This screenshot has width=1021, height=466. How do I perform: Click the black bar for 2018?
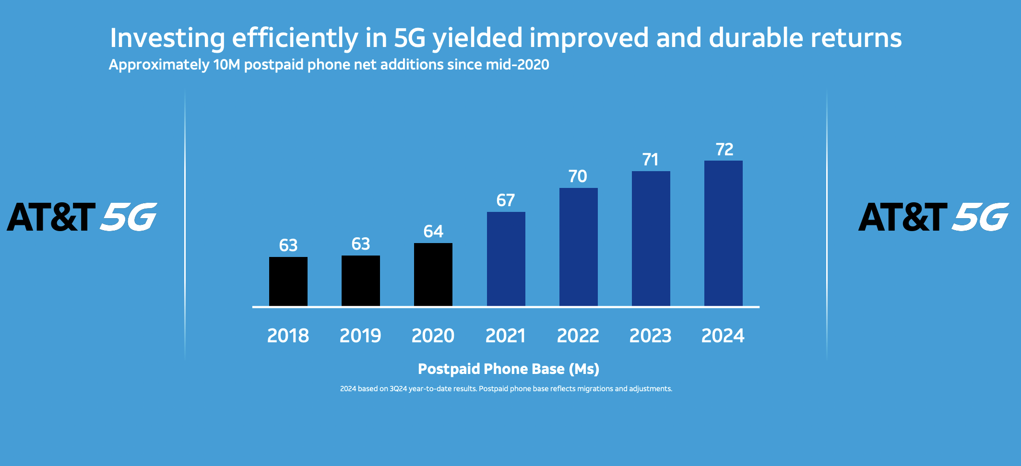click(x=288, y=281)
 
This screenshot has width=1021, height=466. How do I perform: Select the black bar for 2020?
click(x=433, y=274)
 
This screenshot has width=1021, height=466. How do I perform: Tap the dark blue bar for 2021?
click(x=506, y=259)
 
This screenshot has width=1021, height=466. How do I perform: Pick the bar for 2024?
click(x=723, y=233)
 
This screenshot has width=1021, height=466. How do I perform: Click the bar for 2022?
click(x=578, y=247)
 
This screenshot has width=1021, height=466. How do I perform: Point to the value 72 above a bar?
click(x=724, y=150)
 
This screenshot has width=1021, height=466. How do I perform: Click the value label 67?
click(x=506, y=200)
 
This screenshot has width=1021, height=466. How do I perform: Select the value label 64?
click(x=433, y=232)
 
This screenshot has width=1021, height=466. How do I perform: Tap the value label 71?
click(x=650, y=160)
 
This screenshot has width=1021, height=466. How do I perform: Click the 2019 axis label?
click(x=360, y=336)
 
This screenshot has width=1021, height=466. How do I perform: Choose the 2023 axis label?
click(x=650, y=336)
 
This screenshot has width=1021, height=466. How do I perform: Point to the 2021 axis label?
click(x=505, y=336)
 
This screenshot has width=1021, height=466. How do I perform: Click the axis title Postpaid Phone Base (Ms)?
click(x=508, y=369)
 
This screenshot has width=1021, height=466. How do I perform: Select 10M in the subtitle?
click(x=226, y=65)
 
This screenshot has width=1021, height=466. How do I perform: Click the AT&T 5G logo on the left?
click(x=82, y=217)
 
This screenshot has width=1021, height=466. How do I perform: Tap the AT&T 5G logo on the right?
click(x=933, y=217)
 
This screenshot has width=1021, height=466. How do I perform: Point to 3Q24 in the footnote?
click(x=398, y=389)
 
